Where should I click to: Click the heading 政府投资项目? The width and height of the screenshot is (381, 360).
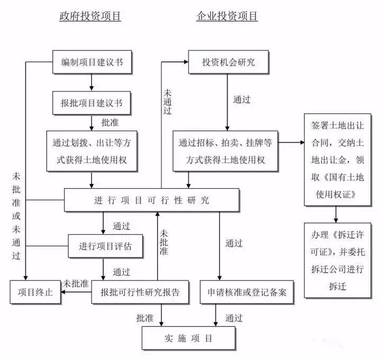click(x=90, y=16)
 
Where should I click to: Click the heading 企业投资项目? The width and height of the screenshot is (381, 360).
click(x=227, y=16)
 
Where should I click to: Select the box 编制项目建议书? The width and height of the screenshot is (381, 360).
click(x=92, y=62)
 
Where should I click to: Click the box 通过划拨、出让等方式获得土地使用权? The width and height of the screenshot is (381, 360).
click(x=92, y=151)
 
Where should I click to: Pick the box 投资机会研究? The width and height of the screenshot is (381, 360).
click(x=228, y=62)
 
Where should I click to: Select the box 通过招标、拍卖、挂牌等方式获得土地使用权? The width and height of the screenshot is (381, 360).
click(x=225, y=151)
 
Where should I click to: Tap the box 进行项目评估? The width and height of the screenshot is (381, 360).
click(x=105, y=246)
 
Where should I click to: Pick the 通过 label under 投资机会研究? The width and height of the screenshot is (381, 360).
click(x=242, y=99)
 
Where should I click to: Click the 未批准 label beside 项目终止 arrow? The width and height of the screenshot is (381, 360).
click(x=76, y=283)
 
